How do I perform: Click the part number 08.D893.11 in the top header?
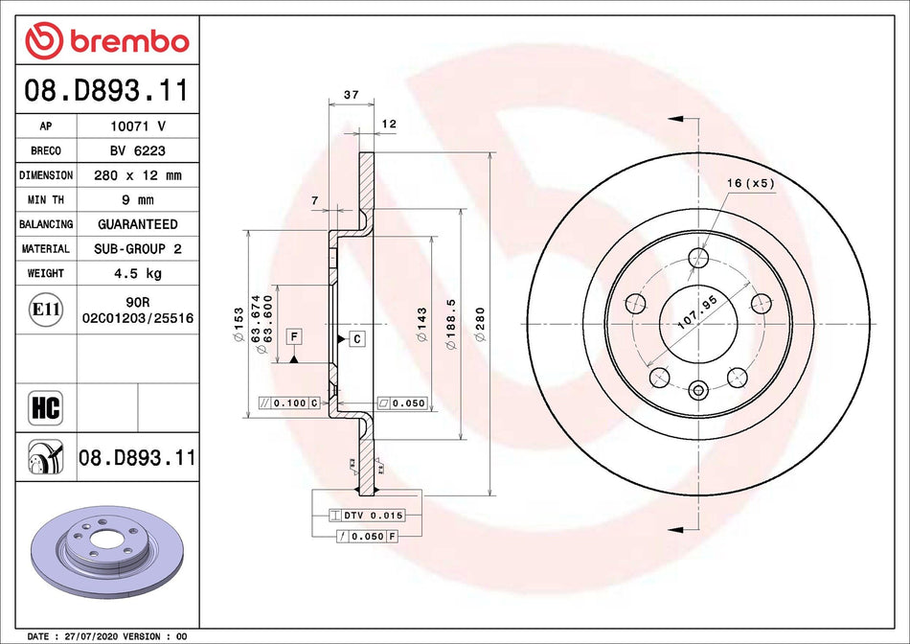point(105,93)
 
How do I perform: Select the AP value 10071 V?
point(138,126)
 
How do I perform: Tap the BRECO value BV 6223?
point(138,150)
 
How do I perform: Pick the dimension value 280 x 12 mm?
point(138,175)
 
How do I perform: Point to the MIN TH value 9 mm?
point(138,199)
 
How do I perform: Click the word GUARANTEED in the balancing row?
point(138,224)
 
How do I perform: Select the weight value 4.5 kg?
point(138,273)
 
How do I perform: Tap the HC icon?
point(46,407)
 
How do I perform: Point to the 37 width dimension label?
point(351,95)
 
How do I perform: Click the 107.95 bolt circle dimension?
point(697,313)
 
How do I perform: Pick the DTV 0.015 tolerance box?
point(367,516)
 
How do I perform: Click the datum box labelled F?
point(293,335)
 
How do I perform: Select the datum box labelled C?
point(356,338)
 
